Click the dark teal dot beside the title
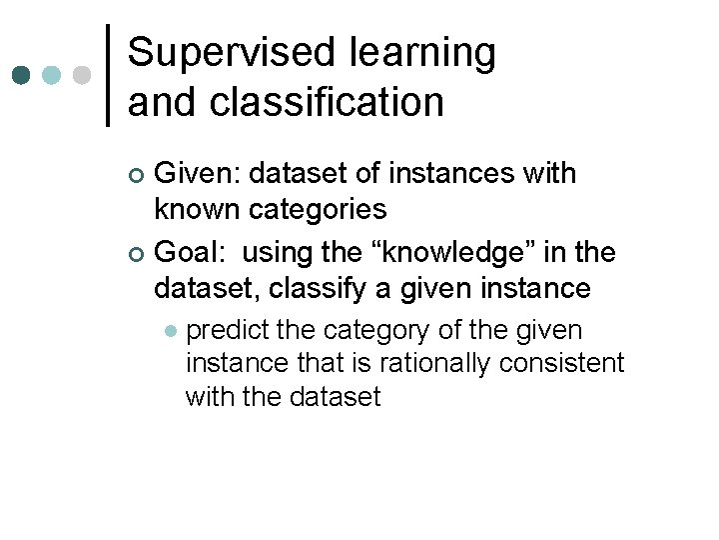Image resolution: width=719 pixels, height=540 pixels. pyautogui.click(x=20, y=75)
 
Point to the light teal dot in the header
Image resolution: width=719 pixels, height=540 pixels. pyautogui.click(x=51, y=75)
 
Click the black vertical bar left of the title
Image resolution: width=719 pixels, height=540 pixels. pyautogui.click(x=108, y=75)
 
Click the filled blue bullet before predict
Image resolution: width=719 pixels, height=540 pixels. pyautogui.click(x=171, y=331)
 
